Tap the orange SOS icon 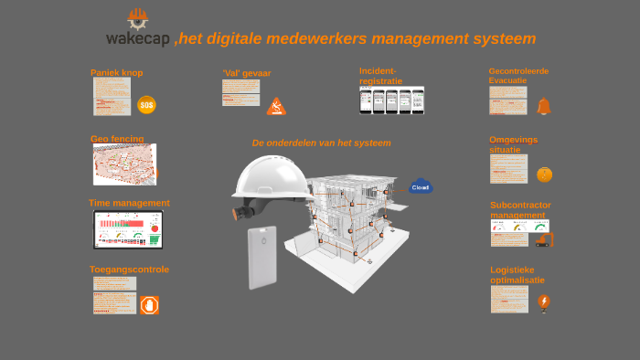pos(146,105)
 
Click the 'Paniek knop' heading pos(116,72)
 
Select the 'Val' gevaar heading pos(246,73)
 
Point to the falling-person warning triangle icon pos(276,107)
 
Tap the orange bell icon pos(544,106)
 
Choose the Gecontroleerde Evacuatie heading pos(518,75)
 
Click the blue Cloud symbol pos(421,186)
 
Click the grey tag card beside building pos(262,258)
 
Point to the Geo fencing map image pos(124,164)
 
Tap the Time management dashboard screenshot pos(128,229)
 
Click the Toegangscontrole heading pos(129,270)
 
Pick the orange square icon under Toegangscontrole pos(150,305)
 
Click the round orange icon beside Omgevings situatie pos(544,175)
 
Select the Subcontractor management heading pos(520,210)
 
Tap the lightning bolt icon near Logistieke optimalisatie pos(544,302)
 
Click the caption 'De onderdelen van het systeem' pos(321,143)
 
